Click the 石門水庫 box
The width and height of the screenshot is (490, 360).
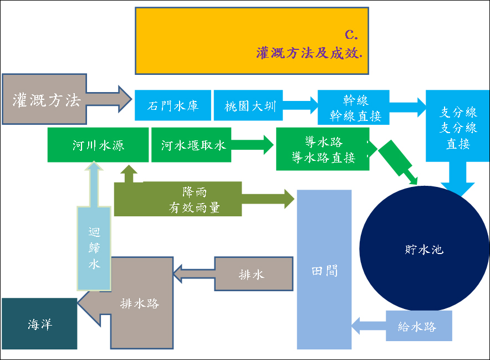(173, 105)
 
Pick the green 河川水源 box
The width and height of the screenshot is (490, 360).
(98, 145)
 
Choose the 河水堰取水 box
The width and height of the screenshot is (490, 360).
(191, 145)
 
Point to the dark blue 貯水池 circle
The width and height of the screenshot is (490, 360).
(424, 250)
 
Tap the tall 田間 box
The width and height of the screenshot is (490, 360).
(324, 270)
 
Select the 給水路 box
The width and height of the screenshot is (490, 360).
(418, 326)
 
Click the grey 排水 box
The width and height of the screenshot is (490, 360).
(253, 274)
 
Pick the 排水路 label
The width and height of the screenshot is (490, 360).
(140, 304)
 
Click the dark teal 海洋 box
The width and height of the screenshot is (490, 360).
(39, 324)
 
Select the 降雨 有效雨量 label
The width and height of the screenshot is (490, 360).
(193, 199)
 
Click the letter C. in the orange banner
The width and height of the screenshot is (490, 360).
(351, 34)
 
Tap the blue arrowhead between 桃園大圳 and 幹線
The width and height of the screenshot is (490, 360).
(308, 105)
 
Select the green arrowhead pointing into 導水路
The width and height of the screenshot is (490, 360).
(266, 145)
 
